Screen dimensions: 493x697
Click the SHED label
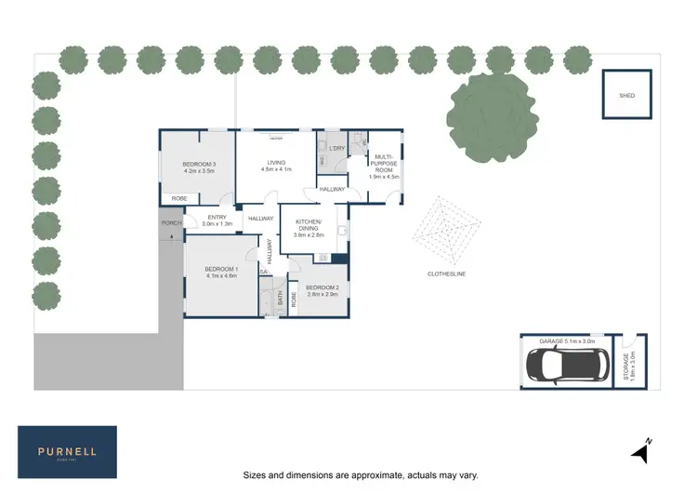[x=627, y=95]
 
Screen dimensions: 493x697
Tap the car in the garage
[x=565, y=366]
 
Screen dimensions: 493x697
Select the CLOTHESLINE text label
[x=446, y=273]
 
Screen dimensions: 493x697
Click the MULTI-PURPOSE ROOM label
[x=386, y=164]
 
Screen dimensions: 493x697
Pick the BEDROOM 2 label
[x=322, y=289]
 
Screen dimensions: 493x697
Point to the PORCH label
[x=171, y=223]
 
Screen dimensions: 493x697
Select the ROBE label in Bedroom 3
[x=179, y=198]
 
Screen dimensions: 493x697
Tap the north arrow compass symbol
[x=640, y=450]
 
